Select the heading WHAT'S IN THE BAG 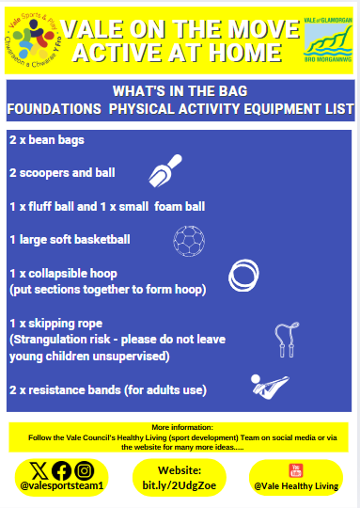coord(179,92)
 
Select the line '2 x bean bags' coord(47,141)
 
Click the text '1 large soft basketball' coord(70,238)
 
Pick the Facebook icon coord(61,469)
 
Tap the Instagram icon coord(84,469)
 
